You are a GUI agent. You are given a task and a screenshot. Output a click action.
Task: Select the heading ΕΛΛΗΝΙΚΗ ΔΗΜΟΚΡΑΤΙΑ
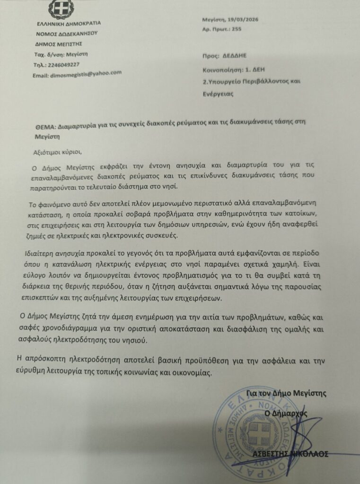pyautogui.click(x=69, y=24)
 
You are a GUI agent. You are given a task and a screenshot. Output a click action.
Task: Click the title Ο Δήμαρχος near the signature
pyautogui.click(x=286, y=413)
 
